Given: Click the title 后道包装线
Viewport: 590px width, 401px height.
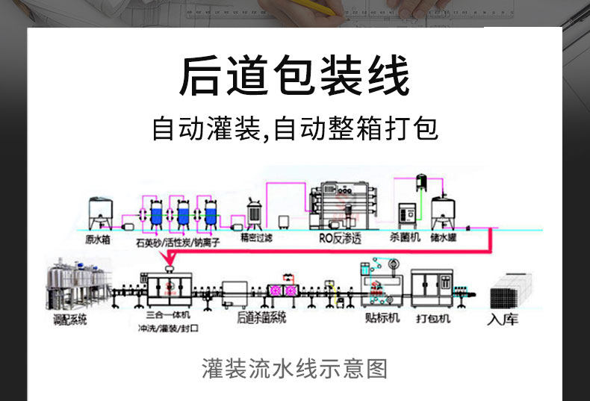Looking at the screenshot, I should (294, 77).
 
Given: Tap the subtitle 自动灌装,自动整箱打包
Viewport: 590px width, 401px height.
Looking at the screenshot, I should (294, 128).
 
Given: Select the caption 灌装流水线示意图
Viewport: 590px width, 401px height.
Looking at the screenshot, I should (294, 368).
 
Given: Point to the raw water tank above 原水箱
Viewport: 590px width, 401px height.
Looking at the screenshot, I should (101, 213).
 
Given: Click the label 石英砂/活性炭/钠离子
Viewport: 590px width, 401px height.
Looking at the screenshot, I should (178, 242).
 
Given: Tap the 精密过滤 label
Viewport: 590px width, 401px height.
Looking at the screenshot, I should (256, 238).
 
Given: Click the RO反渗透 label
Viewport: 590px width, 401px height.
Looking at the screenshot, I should (341, 239).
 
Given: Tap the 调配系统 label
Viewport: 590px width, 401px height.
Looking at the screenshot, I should (70, 320).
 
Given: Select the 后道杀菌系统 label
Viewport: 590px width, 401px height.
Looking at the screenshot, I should (262, 317).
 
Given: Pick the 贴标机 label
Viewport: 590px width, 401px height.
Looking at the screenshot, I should (383, 318).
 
